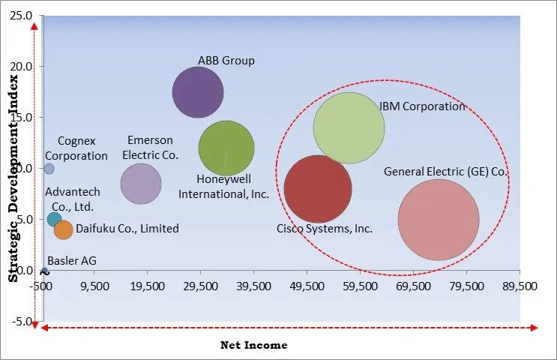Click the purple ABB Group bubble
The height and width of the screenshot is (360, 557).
coord(198,92)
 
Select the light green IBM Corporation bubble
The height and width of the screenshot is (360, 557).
coord(349,127)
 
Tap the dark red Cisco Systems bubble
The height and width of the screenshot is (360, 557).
coord(318,189)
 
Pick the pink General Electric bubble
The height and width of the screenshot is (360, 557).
coord(438,220)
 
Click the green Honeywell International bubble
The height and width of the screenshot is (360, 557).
coord(226,148)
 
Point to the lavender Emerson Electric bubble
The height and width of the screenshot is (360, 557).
coord(141,183)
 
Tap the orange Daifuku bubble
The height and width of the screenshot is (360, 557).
coord(64,230)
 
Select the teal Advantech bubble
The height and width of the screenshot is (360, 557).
coord(54,219)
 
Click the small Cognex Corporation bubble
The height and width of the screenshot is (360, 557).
coord(49,169)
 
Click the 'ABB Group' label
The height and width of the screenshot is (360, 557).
coord(226,61)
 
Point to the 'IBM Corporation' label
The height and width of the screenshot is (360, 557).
coord(421,106)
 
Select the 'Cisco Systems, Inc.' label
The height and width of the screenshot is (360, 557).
coord(324,229)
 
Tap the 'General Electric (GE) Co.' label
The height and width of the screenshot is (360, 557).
coord(446,172)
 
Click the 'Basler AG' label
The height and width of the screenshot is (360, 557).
coord(71,261)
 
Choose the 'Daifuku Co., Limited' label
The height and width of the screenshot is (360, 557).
coord(127,229)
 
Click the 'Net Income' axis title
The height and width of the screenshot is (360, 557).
coord(253,345)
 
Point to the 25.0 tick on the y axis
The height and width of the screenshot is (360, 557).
coord(20,15)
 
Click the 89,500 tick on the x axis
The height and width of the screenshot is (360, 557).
coord(519,286)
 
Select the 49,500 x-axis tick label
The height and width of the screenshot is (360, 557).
coord(307,286)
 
